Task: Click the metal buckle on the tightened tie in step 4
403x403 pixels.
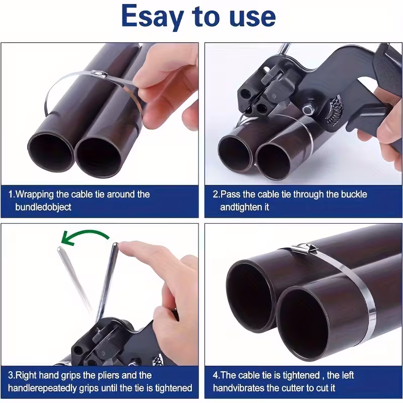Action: coord(303,248)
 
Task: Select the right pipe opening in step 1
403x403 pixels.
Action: coord(99,156)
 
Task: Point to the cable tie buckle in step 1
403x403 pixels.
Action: coord(100,76)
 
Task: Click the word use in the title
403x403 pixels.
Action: coord(250,17)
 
